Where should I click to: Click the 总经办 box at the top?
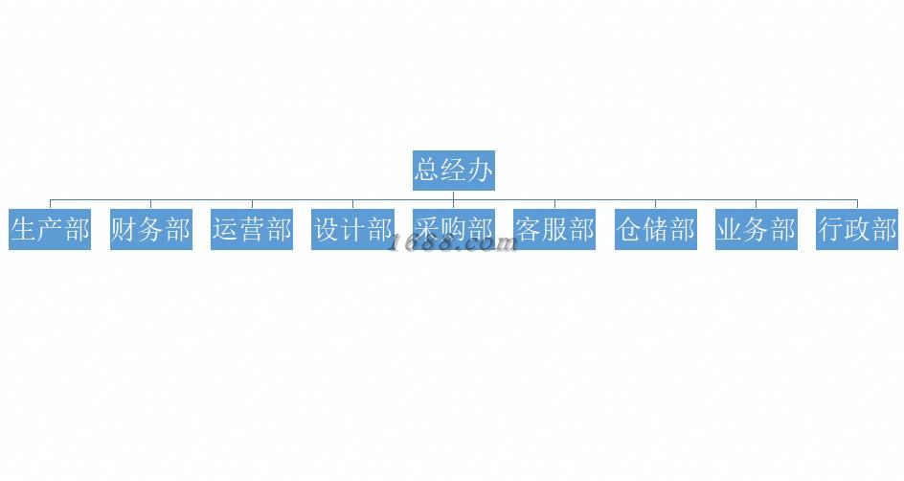[454, 171]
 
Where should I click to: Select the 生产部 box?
[50, 230]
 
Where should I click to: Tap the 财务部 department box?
[150, 230]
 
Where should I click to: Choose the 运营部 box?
[252, 230]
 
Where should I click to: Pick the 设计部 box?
[352, 230]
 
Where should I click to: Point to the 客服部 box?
[554, 230]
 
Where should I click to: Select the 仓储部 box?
[656, 230]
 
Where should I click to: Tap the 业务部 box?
[757, 230]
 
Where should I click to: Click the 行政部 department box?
[857, 230]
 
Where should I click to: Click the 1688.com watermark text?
[452, 244]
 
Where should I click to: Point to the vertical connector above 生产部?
[50, 204]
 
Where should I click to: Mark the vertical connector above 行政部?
[857, 204]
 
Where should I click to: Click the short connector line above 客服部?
[554, 204]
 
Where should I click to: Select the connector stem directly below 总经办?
[454, 195]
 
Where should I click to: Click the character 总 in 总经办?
[427, 171]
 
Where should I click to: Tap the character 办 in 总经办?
[481, 171]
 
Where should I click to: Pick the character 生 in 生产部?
[23, 230]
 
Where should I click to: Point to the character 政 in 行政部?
[857, 230]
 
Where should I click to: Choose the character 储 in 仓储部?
[656, 230]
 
